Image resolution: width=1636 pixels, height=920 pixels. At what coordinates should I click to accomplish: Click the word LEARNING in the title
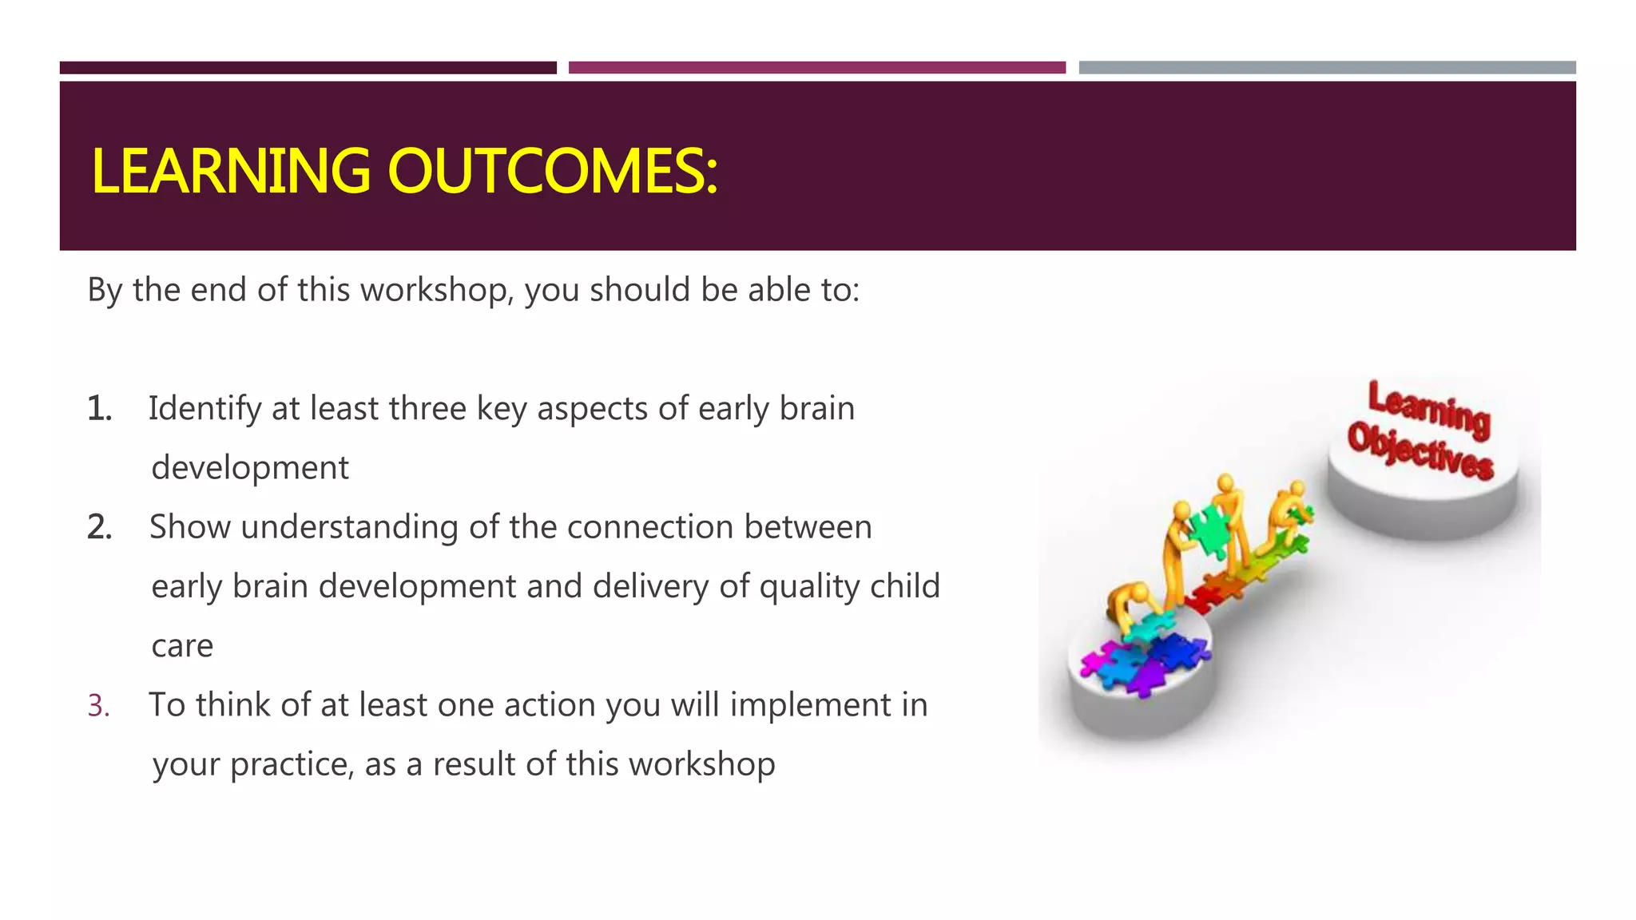[231, 172]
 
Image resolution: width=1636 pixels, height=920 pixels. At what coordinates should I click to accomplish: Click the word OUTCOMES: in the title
[552, 172]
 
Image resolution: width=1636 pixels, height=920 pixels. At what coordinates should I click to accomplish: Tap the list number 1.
[99, 409]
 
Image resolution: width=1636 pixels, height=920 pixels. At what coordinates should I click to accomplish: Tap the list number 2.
[99, 528]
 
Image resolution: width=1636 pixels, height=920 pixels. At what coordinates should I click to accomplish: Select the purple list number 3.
[98, 706]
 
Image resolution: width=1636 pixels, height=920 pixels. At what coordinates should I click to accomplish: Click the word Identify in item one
[204, 409]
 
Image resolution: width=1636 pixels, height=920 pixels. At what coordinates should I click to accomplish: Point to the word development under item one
[250, 468]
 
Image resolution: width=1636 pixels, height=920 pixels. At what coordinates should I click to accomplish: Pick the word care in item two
[182, 646]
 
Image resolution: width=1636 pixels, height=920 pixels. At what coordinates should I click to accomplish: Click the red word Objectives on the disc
[1420, 452]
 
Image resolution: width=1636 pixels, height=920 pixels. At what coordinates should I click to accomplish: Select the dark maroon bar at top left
[308, 68]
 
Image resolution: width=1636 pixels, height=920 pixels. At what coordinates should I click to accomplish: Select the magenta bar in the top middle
[816, 68]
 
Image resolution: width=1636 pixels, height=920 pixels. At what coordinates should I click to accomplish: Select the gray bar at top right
[1327, 68]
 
